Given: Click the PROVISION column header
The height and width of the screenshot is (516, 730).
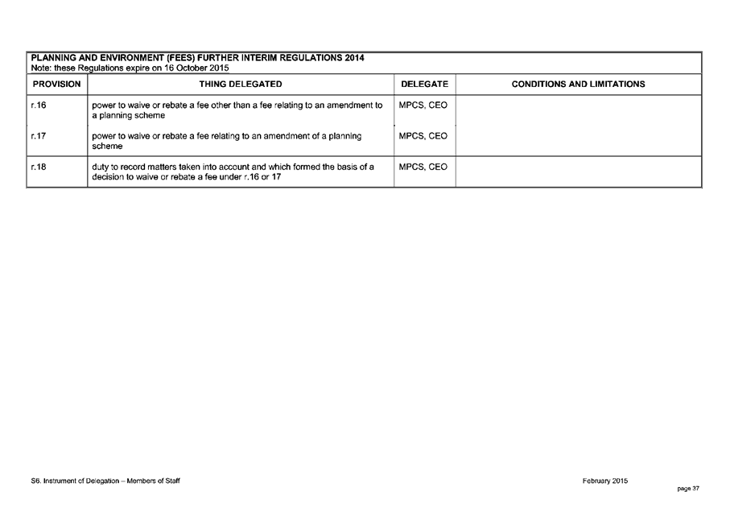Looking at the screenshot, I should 56,85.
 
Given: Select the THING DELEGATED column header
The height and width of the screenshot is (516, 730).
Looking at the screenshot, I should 240,85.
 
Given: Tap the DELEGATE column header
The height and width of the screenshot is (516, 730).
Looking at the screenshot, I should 424,85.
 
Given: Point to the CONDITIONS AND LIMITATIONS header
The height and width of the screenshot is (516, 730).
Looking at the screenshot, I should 578,85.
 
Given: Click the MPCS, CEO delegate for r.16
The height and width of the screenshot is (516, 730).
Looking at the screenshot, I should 423,105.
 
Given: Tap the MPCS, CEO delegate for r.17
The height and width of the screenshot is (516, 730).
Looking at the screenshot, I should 423,137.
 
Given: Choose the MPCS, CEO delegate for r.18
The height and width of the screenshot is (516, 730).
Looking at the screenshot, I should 423,167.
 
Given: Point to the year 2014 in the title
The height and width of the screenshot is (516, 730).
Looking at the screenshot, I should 353,59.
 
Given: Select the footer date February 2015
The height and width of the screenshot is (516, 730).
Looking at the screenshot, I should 604,481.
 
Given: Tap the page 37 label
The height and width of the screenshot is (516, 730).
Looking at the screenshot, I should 688,488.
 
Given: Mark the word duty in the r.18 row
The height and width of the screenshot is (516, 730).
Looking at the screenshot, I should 101,167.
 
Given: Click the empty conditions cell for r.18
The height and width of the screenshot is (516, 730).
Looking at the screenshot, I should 578,172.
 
